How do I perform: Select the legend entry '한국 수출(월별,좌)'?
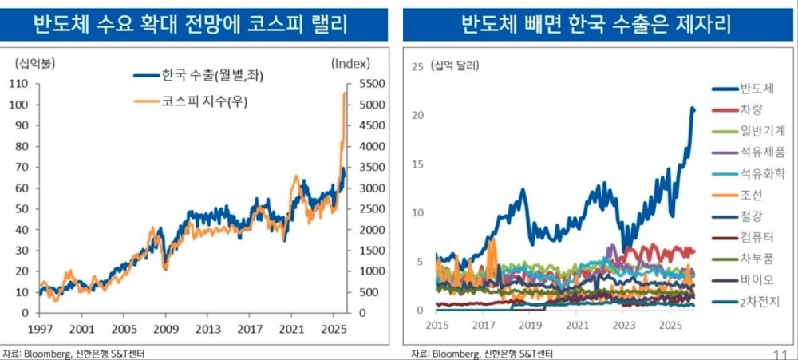pos(212,76)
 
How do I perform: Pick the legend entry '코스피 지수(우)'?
pos(203,101)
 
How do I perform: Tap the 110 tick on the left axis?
pos(18,84)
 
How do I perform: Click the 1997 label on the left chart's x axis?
pos(39,328)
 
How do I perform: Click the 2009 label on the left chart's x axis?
pos(166,328)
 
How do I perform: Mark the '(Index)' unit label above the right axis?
pos(349,63)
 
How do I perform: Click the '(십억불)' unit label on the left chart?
pos(30,62)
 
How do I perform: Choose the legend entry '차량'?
pos(751,109)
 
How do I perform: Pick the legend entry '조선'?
pos(751,195)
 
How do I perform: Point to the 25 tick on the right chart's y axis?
pos(416,66)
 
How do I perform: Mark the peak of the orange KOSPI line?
pos(346,93)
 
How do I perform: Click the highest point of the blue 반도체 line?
pos(692,108)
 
